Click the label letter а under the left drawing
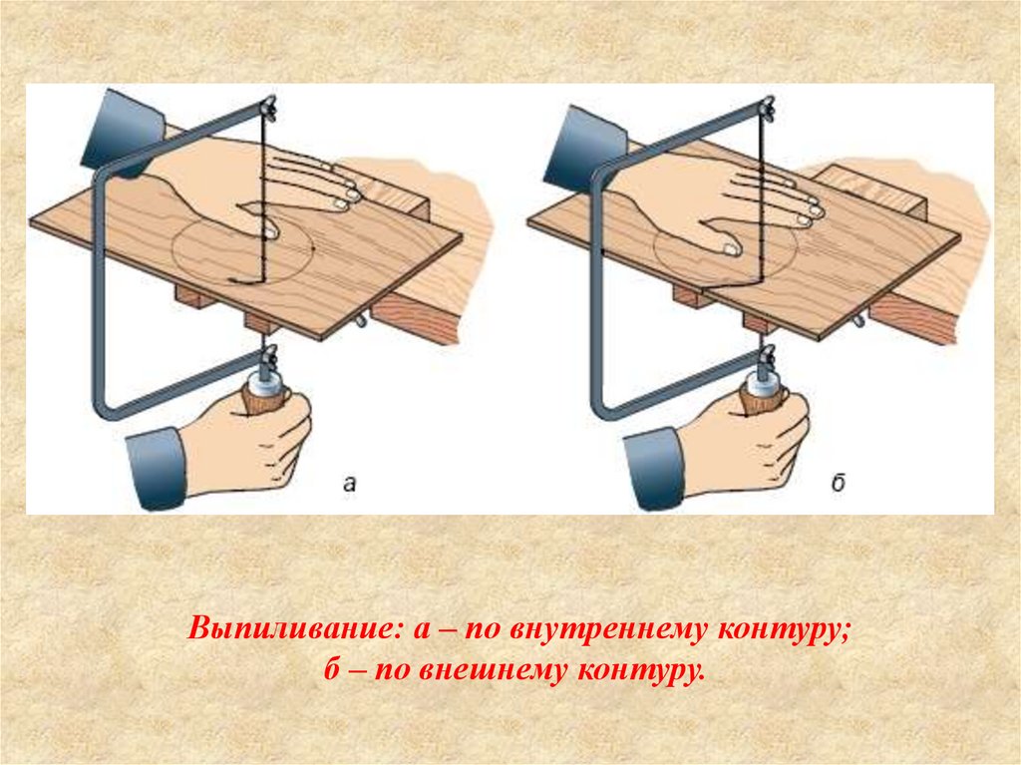pyautogui.click(x=350, y=484)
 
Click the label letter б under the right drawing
pyautogui.click(x=838, y=483)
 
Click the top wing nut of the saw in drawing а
pyautogui.click(x=268, y=107)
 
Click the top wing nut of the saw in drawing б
pyautogui.click(x=767, y=107)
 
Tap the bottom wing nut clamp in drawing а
pyautogui.click(x=267, y=357)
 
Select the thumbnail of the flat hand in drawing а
pyautogui.click(x=269, y=230)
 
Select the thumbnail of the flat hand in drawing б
pyautogui.click(x=732, y=248)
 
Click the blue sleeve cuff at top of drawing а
pyautogui.click(x=123, y=134)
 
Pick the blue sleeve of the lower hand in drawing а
pyautogui.click(x=157, y=468)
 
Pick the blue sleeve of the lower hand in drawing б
pyautogui.click(x=654, y=469)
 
